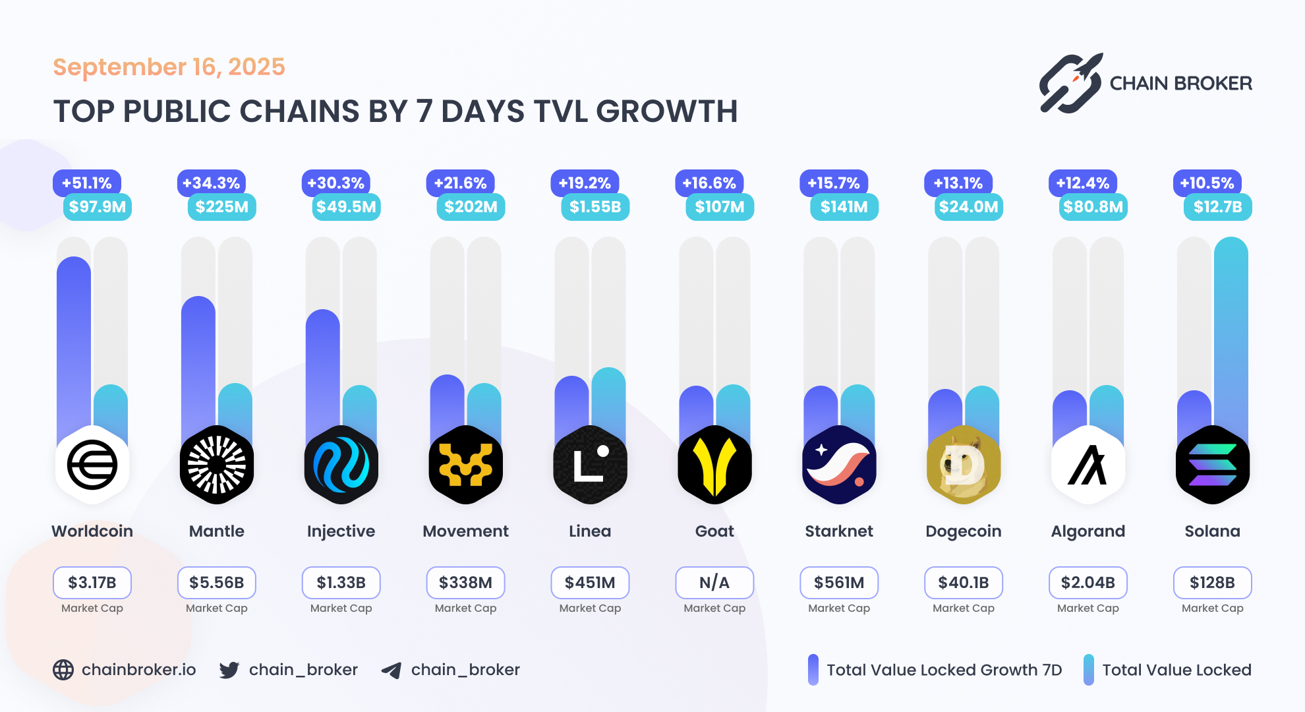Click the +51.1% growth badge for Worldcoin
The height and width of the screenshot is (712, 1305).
point(86,183)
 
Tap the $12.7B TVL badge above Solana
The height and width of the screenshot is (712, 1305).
point(1217,207)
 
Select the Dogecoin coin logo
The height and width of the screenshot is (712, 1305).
point(963,465)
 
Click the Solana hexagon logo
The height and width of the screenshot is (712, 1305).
point(1212,465)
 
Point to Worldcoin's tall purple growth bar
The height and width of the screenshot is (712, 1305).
point(74,343)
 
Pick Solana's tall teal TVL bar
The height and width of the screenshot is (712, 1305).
point(1231,330)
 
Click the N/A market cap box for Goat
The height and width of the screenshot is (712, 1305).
point(714,583)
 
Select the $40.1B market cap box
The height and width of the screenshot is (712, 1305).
point(963,583)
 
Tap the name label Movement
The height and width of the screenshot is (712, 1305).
point(465,531)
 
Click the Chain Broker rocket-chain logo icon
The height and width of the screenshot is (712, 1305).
point(1071,84)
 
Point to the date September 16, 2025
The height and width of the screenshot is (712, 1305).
point(169,67)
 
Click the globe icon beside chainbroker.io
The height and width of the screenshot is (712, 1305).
point(63,670)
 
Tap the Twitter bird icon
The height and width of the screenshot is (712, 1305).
point(229,670)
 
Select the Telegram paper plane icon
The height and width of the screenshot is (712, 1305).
point(391,670)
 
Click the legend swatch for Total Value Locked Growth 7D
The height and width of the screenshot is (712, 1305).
point(813,670)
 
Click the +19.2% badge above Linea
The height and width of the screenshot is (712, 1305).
point(585,183)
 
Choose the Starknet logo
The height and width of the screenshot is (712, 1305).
point(839,465)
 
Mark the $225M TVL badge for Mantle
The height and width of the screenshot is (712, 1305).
point(222,207)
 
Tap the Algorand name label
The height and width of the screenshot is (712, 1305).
point(1087,531)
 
